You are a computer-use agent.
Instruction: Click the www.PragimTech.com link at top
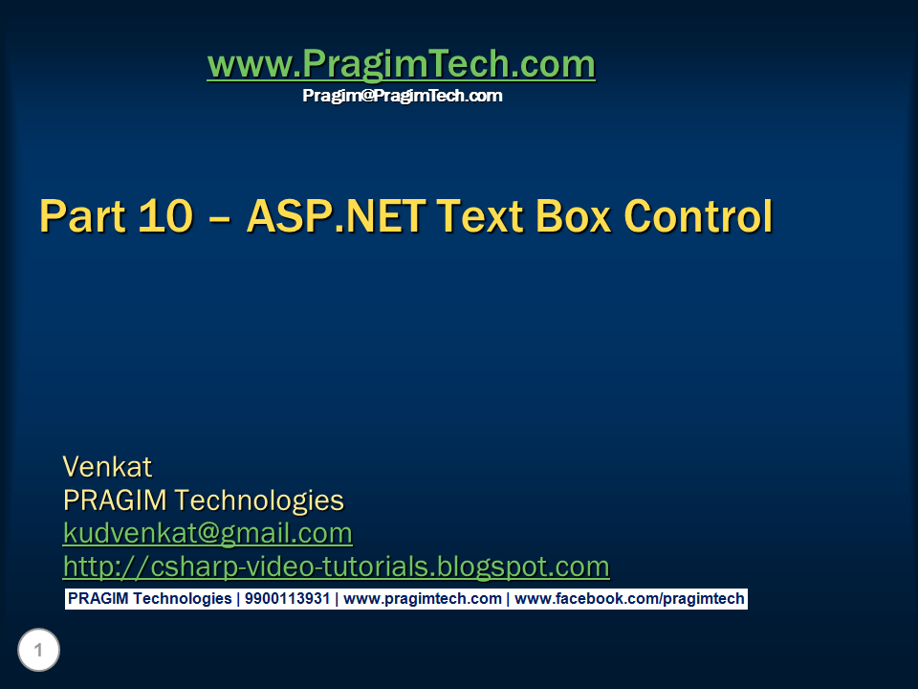tap(401, 64)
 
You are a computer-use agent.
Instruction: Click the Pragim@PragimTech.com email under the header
tap(402, 96)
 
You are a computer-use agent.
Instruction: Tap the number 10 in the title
tap(165, 216)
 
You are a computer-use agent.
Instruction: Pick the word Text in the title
tap(466, 216)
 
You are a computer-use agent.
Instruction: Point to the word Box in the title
tap(565, 216)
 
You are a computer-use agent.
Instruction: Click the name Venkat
tap(107, 467)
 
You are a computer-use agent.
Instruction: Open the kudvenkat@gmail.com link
tap(208, 533)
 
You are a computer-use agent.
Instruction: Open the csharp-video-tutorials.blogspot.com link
tap(336, 567)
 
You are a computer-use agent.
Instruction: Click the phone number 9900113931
tap(287, 599)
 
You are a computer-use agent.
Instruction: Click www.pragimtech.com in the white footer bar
tap(422, 599)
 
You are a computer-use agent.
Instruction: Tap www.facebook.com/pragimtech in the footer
tap(629, 599)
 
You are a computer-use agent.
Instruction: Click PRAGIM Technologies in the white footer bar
tap(149, 599)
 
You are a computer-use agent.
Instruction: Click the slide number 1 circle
tap(38, 651)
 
